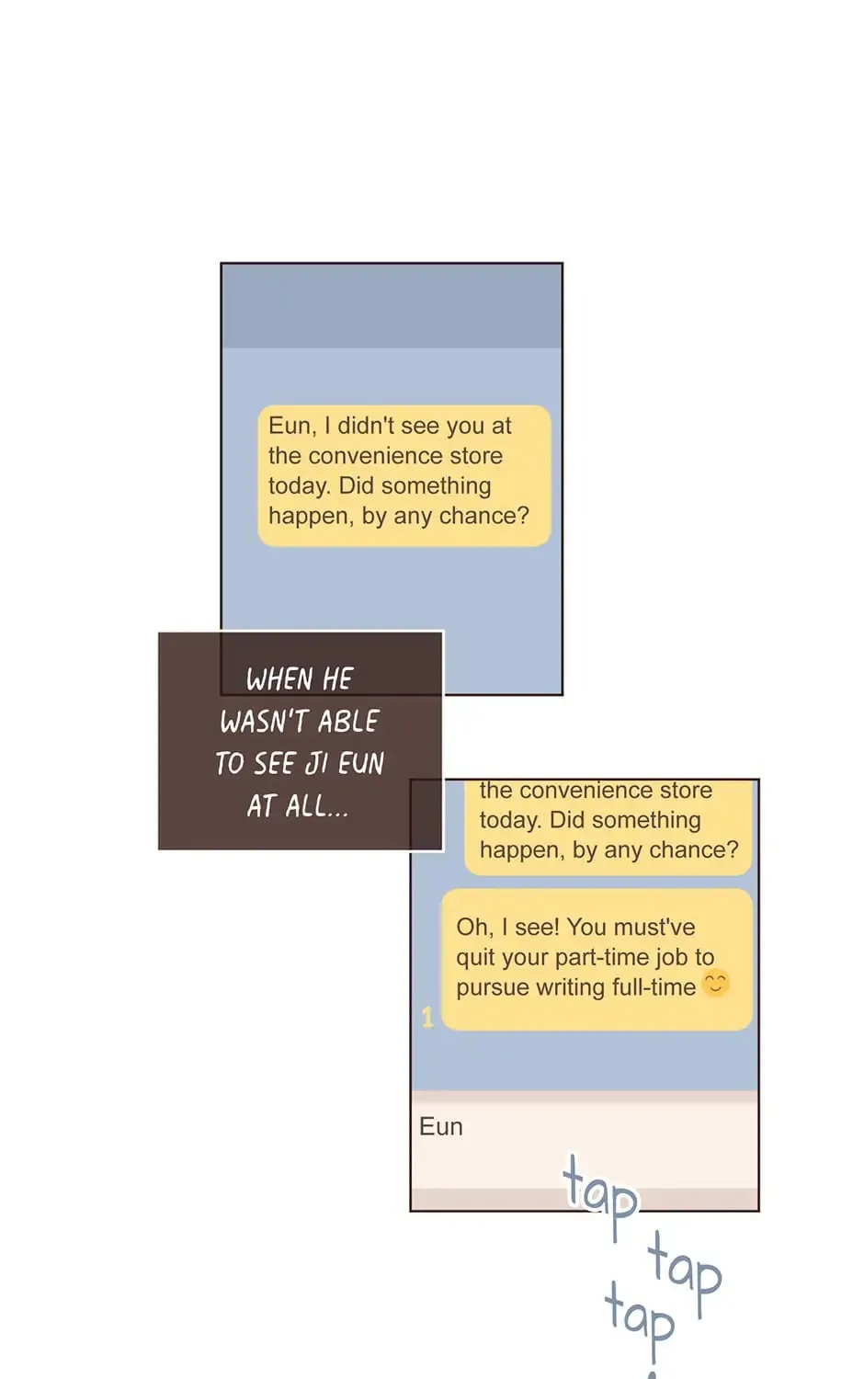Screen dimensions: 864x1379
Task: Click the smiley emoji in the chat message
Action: pos(715,984)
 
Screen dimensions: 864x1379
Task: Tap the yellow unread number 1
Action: pos(427,1017)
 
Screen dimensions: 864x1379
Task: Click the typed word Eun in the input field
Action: pos(440,1126)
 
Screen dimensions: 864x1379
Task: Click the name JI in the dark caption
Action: pos(315,763)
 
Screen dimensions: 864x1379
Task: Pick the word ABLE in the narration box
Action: pos(348,721)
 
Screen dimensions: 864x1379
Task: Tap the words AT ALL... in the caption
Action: pos(297,805)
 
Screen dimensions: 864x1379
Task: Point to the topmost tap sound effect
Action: pos(600,1195)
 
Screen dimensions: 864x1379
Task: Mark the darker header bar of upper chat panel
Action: pos(392,306)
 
